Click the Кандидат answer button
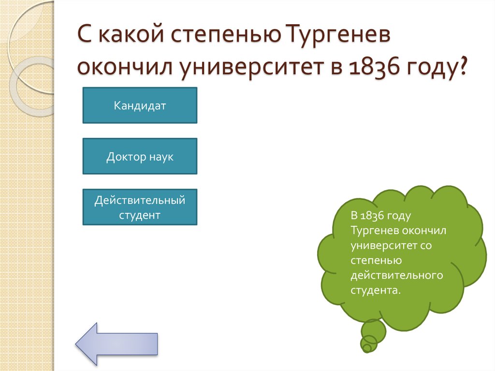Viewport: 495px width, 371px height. click(140, 105)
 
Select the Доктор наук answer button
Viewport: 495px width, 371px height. click(140, 156)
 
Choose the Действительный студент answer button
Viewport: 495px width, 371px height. click(140, 207)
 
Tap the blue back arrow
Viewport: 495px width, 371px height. click(116, 343)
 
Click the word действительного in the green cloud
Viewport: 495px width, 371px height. click(397, 275)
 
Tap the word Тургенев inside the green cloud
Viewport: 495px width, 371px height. click(372, 231)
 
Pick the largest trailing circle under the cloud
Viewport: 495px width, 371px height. click(374, 331)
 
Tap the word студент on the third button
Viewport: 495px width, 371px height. click(140, 215)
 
